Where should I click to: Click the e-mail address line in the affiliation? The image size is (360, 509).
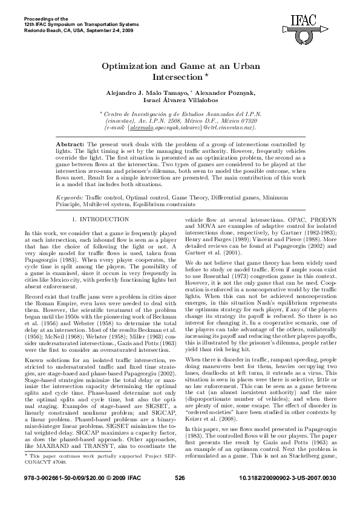click(180, 128)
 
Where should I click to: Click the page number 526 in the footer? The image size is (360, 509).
click(180, 494)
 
